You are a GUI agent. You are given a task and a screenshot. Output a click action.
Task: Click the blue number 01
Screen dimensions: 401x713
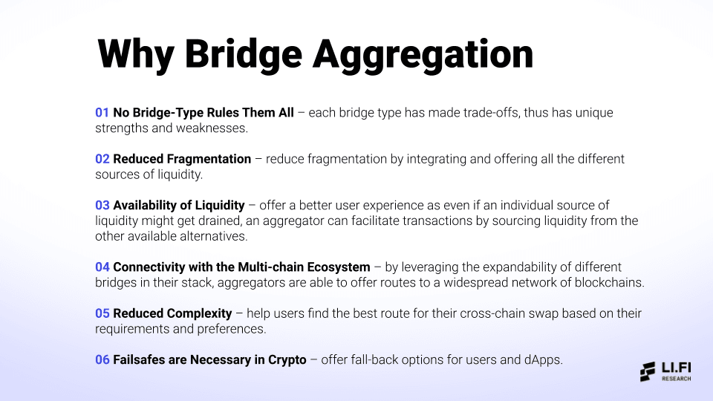click(x=102, y=113)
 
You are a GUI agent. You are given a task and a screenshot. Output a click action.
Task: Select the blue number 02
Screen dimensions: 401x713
click(x=102, y=159)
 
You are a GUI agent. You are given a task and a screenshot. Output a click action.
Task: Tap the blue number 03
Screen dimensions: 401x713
click(x=102, y=205)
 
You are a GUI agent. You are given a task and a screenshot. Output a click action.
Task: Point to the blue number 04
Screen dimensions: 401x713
click(x=102, y=267)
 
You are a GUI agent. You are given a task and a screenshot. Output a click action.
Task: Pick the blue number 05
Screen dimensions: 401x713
click(x=102, y=313)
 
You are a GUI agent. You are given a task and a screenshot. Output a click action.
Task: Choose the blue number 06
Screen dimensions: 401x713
click(x=102, y=359)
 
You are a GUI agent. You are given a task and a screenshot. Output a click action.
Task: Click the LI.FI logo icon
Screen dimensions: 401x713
click(x=648, y=372)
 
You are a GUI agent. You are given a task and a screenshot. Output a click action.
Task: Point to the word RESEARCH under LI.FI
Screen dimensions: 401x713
click(x=676, y=379)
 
